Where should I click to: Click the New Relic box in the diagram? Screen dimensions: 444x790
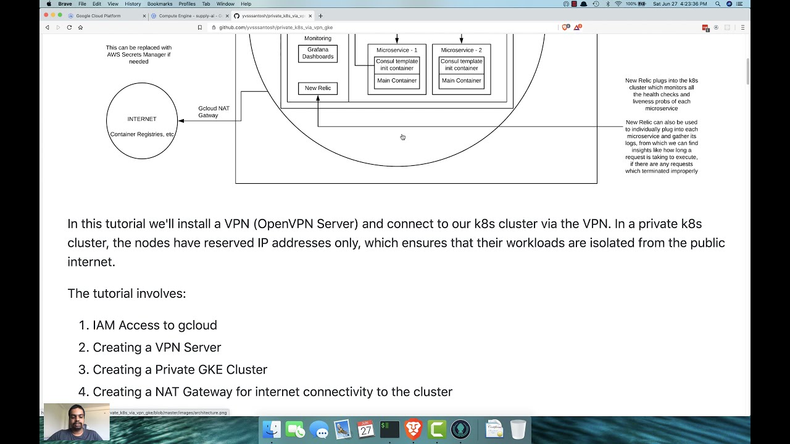[318, 88]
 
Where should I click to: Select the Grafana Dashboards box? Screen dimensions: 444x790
[318, 54]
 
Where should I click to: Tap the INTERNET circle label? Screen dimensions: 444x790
[142, 119]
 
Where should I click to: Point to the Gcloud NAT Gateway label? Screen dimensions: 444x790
[214, 112]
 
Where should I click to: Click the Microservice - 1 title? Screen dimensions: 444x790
[397, 50]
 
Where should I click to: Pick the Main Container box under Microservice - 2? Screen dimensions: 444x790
[461, 81]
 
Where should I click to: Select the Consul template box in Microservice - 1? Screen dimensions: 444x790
[397, 65]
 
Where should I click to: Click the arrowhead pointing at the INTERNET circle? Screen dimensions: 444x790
[181, 121]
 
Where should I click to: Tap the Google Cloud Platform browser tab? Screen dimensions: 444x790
[99, 16]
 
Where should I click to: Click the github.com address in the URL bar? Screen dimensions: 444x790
[276, 28]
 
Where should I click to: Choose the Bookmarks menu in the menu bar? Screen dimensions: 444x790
[160, 4]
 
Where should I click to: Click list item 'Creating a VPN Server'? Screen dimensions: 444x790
[157, 347]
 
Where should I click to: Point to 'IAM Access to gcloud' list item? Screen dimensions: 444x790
[155, 325]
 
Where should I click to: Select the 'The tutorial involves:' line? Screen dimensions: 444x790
[127, 294]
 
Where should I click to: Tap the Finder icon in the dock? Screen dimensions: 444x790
[272, 429]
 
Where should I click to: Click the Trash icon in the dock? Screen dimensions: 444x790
[518, 429]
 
